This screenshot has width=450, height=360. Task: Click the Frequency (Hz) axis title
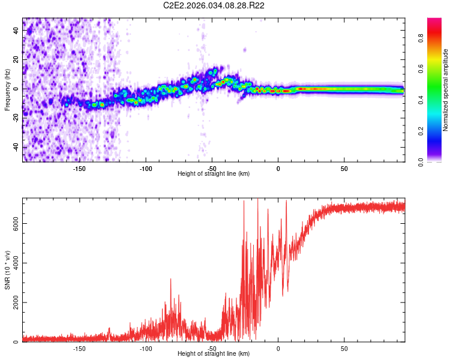click(x=7, y=89)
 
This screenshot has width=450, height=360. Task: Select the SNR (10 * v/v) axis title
click(x=7, y=269)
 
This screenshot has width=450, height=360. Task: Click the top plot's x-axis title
click(x=214, y=173)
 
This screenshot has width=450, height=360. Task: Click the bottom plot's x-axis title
click(x=214, y=353)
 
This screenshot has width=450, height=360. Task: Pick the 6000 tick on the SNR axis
click(x=17, y=223)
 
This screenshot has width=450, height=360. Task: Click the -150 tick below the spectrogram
click(x=79, y=168)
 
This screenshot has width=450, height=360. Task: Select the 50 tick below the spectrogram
click(x=344, y=168)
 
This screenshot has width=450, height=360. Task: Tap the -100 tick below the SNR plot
click(x=145, y=348)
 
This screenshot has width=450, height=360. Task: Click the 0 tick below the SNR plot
click(x=278, y=348)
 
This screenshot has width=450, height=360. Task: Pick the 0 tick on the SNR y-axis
click(x=17, y=342)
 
